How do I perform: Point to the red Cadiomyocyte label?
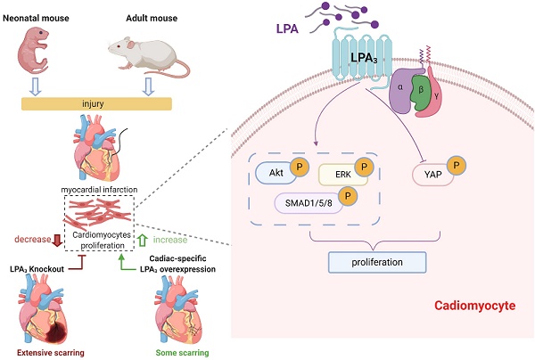click(474, 306)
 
